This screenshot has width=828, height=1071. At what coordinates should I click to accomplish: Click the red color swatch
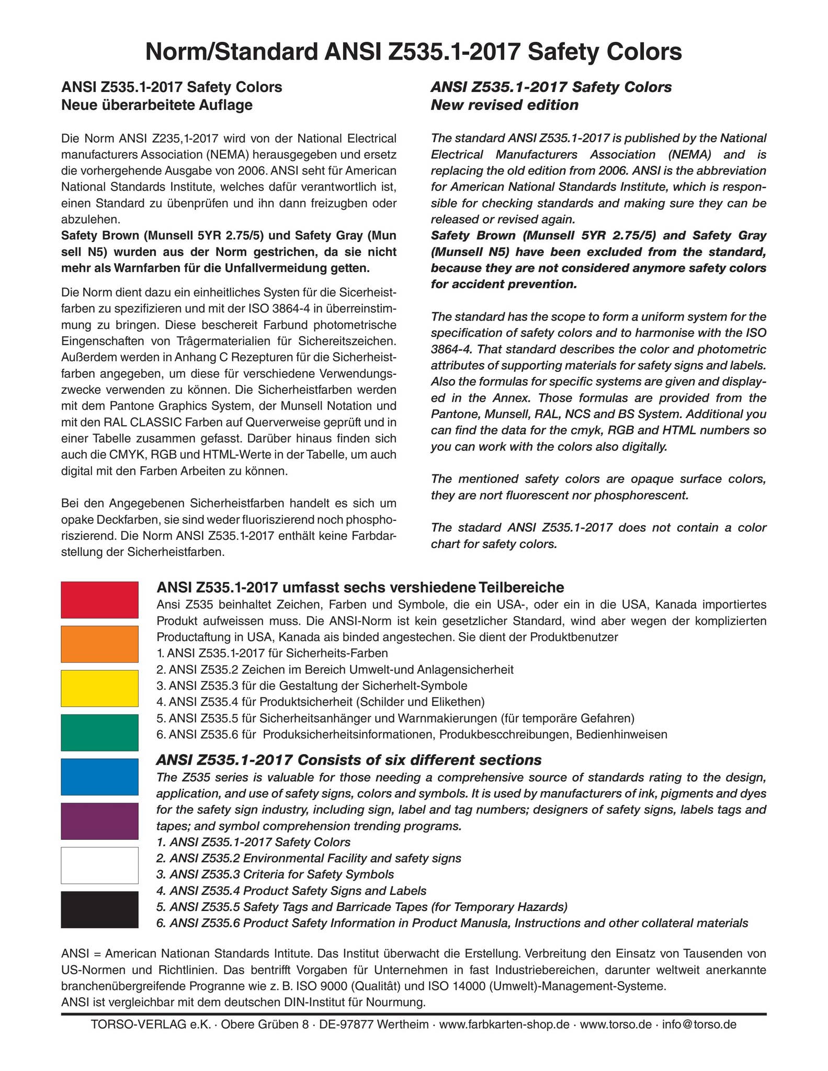click(99, 599)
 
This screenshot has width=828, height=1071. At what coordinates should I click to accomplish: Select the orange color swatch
click(99, 644)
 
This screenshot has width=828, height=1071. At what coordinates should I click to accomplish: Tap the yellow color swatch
click(99, 688)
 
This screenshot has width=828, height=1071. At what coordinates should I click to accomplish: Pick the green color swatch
click(99, 732)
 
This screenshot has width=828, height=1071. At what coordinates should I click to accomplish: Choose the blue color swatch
click(99, 777)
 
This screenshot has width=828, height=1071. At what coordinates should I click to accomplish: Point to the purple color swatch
click(99, 821)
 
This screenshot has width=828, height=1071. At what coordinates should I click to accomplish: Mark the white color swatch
click(99, 865)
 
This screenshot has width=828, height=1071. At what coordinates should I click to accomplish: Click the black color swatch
click(99, 909)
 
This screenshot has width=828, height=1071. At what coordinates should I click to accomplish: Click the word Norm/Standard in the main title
click(231, 52)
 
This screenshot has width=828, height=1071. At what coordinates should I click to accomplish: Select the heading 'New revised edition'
click(504, 105)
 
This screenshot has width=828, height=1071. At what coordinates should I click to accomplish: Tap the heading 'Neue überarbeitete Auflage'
click(157, 105)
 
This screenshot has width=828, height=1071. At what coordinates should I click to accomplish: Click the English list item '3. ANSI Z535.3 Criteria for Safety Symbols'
click(275, 874)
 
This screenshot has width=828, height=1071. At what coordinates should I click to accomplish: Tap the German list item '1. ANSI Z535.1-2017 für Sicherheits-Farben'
click(272, 653)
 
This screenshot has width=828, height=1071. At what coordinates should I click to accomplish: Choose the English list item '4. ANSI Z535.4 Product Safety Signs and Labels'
click(291, 890)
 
